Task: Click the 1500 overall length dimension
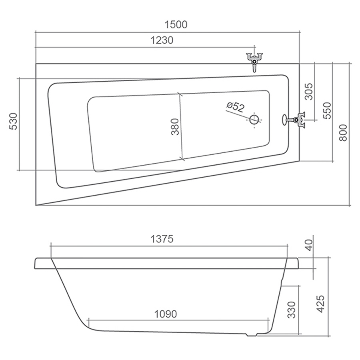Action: [x=176, y=24]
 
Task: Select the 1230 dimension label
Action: [x=162, y=40]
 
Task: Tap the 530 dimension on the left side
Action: [x=14, y=121]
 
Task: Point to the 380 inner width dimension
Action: [x=175, y=126]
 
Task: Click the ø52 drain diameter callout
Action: [x=235, y=107]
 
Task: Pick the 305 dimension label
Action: [x=309, y=91]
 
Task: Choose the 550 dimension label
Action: [x=327, y=110]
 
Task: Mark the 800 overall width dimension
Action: [x=343, y=132]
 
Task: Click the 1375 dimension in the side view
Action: [x=162, y=239]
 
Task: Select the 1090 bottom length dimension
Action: [x=166, y=314]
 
